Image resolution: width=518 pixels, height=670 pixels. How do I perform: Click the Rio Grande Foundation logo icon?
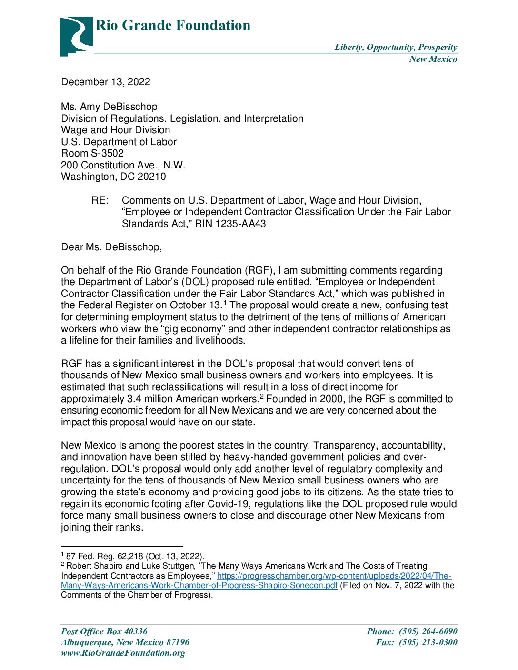click(76, 36)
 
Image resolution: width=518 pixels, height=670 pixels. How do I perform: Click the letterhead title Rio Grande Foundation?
click(173, 25)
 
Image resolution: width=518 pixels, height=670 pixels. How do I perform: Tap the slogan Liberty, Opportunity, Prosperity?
click(396, 47)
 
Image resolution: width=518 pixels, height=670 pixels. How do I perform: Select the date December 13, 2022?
click(106, 82)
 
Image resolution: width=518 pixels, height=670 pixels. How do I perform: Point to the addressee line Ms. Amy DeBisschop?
click(109, 107)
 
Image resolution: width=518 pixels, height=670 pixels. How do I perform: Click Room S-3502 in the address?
click(92, 153)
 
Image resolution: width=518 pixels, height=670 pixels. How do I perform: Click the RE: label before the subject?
click(100, 200)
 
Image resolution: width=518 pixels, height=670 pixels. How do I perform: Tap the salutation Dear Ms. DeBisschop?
click(111, 247)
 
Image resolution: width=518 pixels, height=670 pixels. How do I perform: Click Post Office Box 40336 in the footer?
click(104, 631)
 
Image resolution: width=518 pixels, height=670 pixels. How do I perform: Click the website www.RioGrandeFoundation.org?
click(123, 653)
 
